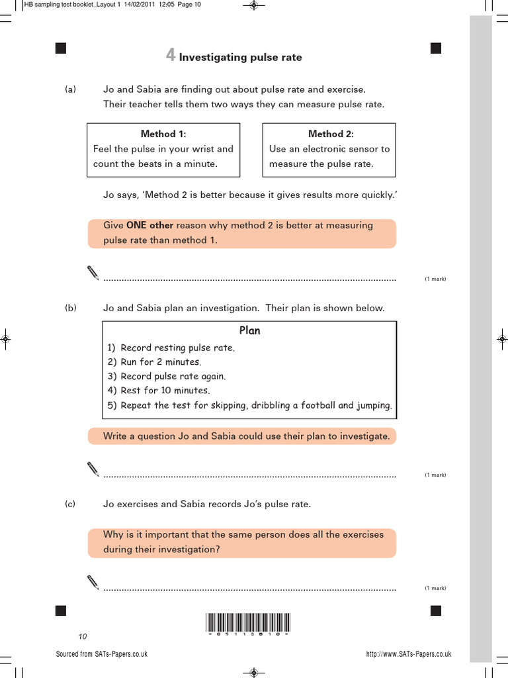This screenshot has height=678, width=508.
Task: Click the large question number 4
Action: [170, 56]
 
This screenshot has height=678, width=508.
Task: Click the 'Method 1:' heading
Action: [163, 134]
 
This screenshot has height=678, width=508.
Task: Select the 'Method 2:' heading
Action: [331, 134]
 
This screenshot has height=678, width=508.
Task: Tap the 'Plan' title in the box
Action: [249, 330]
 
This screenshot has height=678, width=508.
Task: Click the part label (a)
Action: [71, 89]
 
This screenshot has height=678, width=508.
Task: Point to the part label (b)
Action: [71, 308]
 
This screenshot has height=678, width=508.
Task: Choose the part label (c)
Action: [71, 504]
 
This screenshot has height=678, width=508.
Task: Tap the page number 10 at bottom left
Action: [83, 637]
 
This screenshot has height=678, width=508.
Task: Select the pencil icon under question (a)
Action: [93, 272]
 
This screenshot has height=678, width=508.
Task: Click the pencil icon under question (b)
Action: [93, 469]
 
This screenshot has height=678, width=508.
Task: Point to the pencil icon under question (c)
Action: [93, 581]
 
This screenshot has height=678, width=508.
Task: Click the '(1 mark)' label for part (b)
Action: [435, 475]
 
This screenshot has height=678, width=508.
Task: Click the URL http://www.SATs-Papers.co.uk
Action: [408, 654]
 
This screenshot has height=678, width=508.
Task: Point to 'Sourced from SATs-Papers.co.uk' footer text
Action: [102, 654]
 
